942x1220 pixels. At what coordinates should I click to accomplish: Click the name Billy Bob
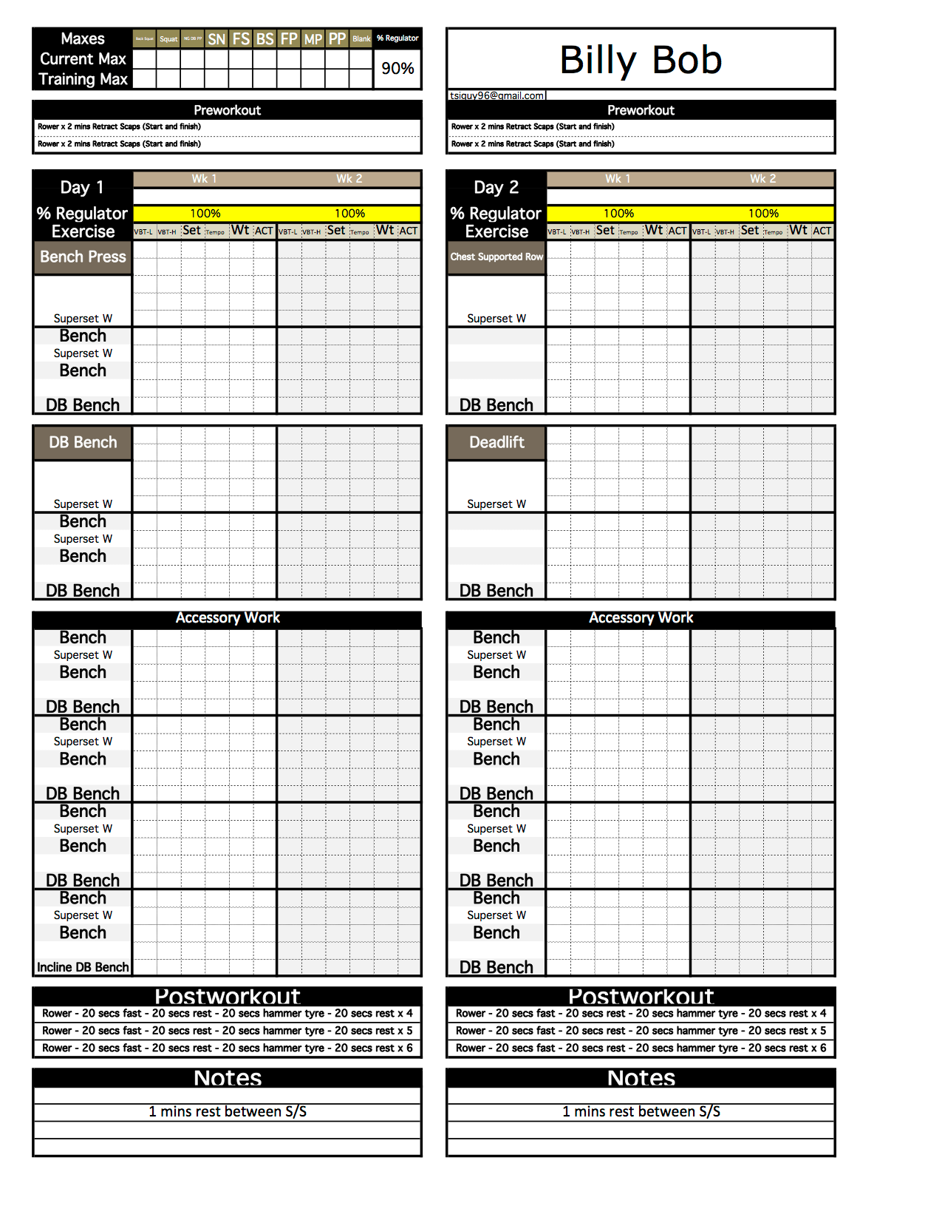pos(640,60)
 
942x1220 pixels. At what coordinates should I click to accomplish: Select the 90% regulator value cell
pos(397,69)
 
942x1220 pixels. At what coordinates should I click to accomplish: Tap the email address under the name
pos(496,95)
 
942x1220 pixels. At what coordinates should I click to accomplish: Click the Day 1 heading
pos(82,188)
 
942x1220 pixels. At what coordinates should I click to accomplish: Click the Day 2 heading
pos(496,188)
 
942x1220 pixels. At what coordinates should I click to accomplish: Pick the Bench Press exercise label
pos(83,257)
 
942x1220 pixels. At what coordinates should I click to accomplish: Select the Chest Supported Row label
pos(496,257)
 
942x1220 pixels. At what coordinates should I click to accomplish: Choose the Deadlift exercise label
pos(496,442)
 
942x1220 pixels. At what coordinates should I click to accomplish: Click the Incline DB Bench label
pos(83,967)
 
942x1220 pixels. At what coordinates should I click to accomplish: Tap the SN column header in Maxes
pos(216,39)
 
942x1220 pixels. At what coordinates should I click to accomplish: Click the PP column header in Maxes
pos(337,39)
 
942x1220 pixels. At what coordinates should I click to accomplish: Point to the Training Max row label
pos(83,79)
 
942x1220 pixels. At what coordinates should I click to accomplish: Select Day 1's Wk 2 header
pos(349,179)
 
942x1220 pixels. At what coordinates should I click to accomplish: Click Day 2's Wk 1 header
pos(618,179)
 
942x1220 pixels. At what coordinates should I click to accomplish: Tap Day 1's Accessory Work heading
pos(228,618)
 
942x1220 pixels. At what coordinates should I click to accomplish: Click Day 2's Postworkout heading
pos(641,997)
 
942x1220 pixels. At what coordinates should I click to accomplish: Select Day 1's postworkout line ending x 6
pos(228,1048)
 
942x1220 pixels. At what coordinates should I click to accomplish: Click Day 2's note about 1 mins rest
pos(641,1111)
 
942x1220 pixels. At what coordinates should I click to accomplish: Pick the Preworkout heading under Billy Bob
pos(641,110)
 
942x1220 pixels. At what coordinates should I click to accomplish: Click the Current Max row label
pos(83,59)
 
